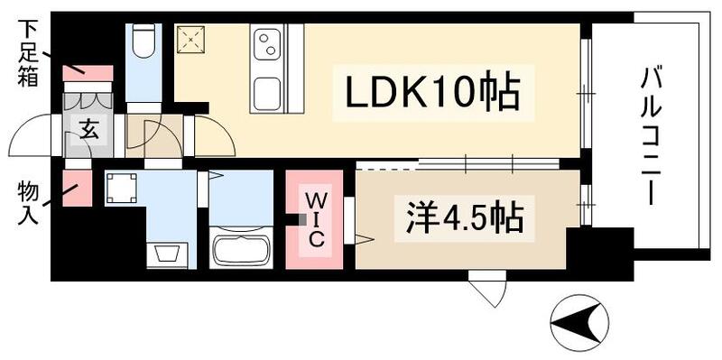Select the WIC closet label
click(316, 217)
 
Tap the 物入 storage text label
click(26, 203)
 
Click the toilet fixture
click(143, 41)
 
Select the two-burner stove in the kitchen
click(268, 42)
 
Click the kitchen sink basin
click(268, 91)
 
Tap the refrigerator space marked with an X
click(191, 41)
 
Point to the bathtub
click(240, 245)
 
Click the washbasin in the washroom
click(169, 254)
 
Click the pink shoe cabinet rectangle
click(88, 73)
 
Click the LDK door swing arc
click(213, 138)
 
